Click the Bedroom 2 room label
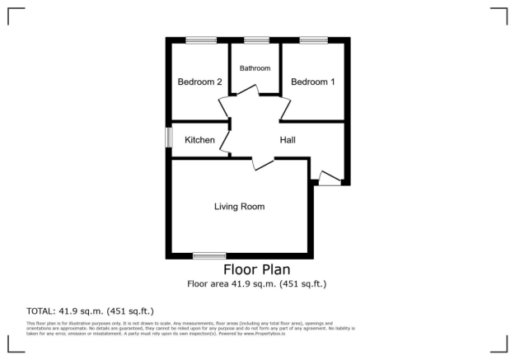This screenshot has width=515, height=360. click(x=200, y=82)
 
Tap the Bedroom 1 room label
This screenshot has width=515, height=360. click(x=313, y=82)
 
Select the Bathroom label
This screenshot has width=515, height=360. click(x=255, y=68)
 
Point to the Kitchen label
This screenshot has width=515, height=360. click(x=199, y=140)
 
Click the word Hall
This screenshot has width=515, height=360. click(x=288, y=140)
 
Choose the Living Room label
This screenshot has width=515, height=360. click(x=239, y=206)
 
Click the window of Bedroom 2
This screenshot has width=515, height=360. click(x=200, y=40)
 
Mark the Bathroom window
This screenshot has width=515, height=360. click(x=256, y=40)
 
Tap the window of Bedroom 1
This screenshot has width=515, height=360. click(x=313, y=40)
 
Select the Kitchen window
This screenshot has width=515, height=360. click(x=168, y=137)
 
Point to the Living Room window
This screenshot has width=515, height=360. click(x=209, y=255)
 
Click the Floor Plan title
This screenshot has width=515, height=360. click(x=256, y=269)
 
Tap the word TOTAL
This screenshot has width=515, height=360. click(x=40, y=311)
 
